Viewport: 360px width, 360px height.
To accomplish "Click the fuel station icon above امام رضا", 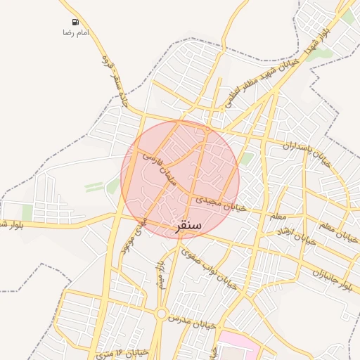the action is coord(75,22).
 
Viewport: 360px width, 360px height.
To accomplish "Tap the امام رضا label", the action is coord(75,33).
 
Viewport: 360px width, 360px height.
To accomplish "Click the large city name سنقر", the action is coord(187,225).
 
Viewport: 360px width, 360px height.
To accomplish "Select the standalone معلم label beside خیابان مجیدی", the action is coord(278,215).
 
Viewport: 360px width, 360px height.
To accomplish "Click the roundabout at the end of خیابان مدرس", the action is coord(162,314).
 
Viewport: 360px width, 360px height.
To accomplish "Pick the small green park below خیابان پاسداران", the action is coord(245,158).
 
